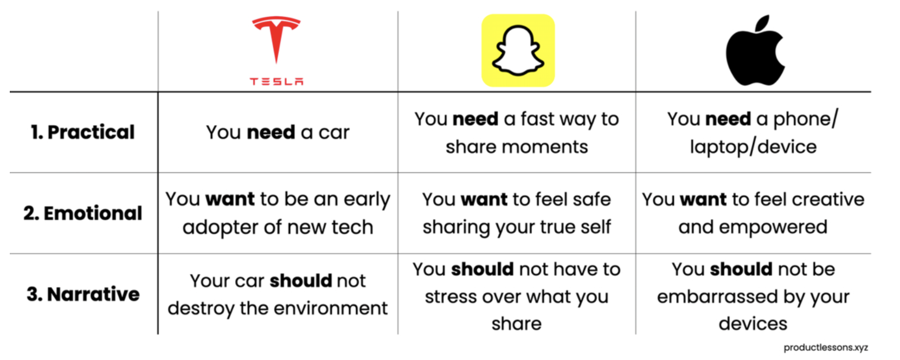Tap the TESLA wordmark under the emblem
(277, 81)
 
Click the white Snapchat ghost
(518, 50)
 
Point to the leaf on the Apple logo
(762, 23)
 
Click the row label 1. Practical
(83, 132)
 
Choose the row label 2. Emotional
(83, 213)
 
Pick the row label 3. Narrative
(83, 294)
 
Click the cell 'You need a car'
(278, 132)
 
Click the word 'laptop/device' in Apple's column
(754, 147)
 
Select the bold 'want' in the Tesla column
(230, 199)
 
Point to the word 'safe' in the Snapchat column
(592, 200)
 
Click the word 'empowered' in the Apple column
(773, 227)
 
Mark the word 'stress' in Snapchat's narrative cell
(450, 297)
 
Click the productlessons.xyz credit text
(826, 348)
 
